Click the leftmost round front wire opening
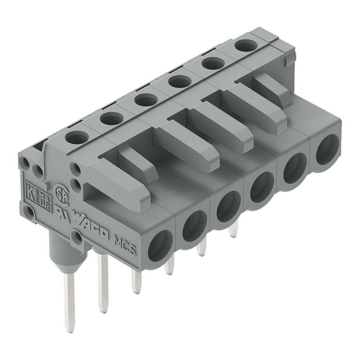[x=160, y=245]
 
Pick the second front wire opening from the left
[x=194, y=224]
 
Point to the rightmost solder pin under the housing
[x=234, y=230]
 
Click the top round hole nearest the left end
[x=77, y=138]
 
